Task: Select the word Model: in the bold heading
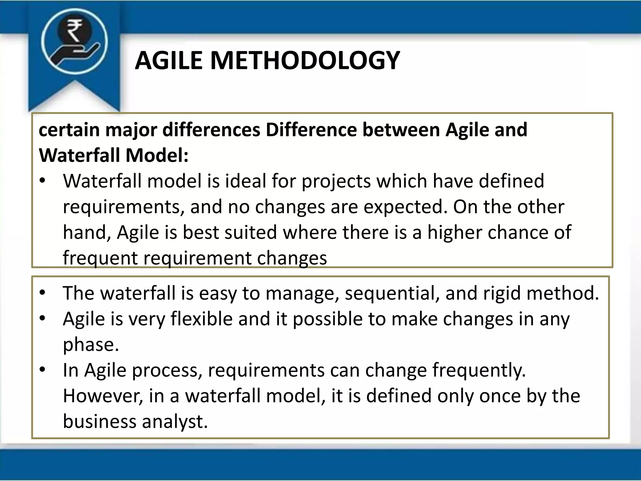(x=157, y=155)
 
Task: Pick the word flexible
(x=202, y=319)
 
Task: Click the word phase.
(x=91, y=345)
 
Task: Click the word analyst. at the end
(x=175, y=422)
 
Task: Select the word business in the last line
(x=100, y=422)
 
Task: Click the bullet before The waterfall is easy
(x=43, y=293)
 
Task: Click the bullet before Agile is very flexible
(x=43, y=319)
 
